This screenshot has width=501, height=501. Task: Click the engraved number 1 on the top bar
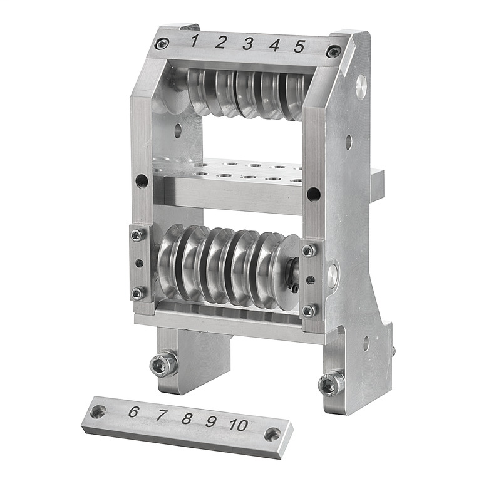pos(195,41)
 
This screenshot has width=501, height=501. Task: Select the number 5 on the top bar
pos(299,46)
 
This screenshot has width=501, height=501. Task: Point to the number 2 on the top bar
pos(220,43)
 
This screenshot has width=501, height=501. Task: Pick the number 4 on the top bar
pos(274,45)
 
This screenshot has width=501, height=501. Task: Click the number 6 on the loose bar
pos(133,412)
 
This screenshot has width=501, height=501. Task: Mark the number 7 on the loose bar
pos(211,421)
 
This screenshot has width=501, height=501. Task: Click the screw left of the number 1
pos(162,43)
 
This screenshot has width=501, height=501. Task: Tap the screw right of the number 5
pos(334,51)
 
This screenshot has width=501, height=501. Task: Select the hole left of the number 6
pos(98,411)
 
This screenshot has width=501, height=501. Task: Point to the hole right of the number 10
pos(272,434)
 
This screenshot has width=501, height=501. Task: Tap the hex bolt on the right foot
pos(330,383)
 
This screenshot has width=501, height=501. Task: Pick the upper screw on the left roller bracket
pos(137,235)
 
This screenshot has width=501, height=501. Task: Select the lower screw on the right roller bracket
pos(309,311)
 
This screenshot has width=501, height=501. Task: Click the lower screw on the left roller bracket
pos(137,292)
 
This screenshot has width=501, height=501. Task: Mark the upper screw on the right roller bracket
pos(308,250)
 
